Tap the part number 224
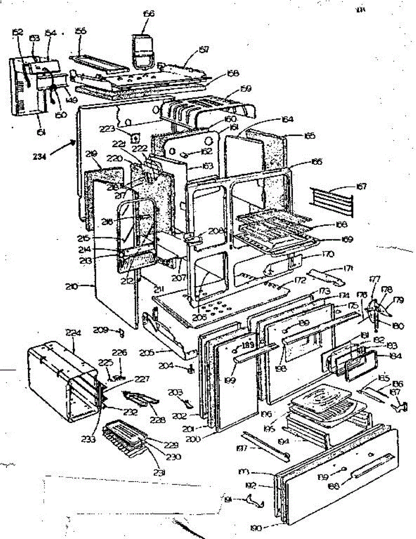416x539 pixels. point(72,334)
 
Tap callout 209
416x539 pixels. point(102,330)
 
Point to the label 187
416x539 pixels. point(394,393)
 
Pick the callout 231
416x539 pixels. point(161,472)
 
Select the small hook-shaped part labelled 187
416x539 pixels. point(399,406)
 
